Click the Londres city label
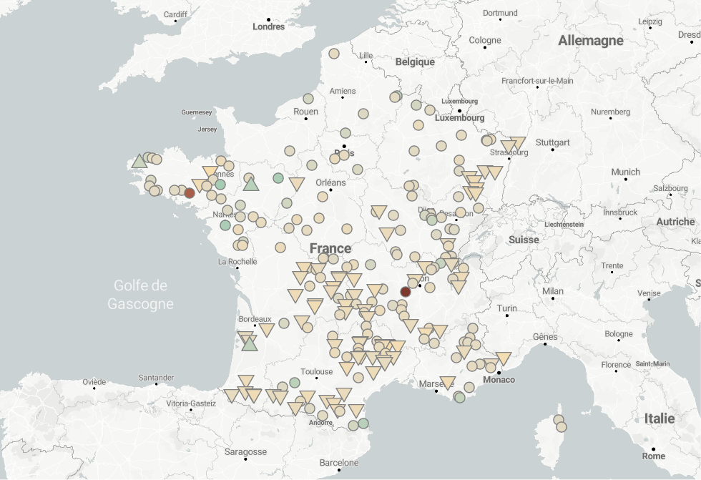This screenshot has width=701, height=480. pos(268,27)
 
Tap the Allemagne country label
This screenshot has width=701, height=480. pos(591,41)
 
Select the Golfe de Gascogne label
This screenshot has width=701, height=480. pos(140,295)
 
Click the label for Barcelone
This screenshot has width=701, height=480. pos(339,463)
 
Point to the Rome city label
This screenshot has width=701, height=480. pos(653,456)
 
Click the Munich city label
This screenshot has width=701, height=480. pos(625,172)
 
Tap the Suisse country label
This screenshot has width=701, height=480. pos(524,240)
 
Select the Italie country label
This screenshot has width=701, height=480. pos(659,418)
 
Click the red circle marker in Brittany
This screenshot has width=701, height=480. pos(190,193)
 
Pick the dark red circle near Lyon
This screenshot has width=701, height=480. pos(406,292)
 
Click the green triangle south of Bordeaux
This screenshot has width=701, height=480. pos(249,344)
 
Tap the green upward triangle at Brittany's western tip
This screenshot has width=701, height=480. pos(139,160)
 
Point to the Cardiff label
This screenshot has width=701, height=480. pos(175,14)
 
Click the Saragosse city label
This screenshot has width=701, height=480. pos(245,452)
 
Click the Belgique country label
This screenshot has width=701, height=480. pos(415,62)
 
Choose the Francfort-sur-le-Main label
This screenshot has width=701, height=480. pos(537,81)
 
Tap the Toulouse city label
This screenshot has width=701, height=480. pos(317,371)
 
